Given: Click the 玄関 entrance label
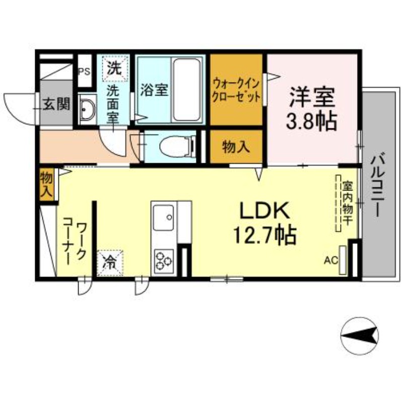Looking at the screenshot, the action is tap(56, 104).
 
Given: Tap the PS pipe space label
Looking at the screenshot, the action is tap(84, 72).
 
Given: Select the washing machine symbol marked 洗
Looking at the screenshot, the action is tap(115, 68).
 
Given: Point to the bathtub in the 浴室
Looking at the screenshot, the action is tap(186, 90).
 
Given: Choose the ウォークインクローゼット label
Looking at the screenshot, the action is tap(236, 91).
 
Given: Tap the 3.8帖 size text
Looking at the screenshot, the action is tap(311, 121).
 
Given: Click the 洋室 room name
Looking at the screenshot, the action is tap(312, 97).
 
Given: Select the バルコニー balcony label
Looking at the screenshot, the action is tap(377, 184).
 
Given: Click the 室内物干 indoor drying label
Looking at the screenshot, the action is tap(347, 203).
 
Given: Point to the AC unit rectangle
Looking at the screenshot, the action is tap(343, 260).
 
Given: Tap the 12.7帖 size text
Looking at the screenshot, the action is tap(265, 235).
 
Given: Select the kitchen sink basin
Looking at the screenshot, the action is tap(163, 218).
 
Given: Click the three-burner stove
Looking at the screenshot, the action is tap(164, 261).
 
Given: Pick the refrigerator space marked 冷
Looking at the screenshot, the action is tap(110, 262).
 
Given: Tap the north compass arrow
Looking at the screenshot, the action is tap(360, 335).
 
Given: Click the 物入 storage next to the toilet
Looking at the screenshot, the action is tap(236, 147).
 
